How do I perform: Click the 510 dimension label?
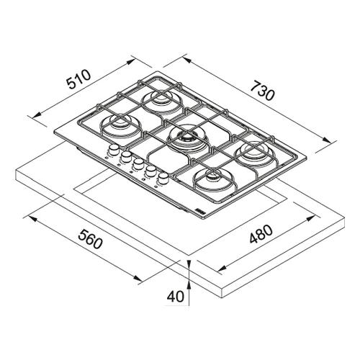click(x=79, y=79)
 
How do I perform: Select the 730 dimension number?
click(x=262, y=91)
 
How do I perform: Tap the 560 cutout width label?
click(x=90, y=239)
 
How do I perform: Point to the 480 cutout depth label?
click(x=261, y=234)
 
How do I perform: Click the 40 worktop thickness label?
click(x=176, y=297)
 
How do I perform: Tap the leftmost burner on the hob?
click(x=120, y=125)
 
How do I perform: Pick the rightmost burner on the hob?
click(x=254, y=153)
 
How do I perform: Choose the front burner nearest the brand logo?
click(x=213, y=179)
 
